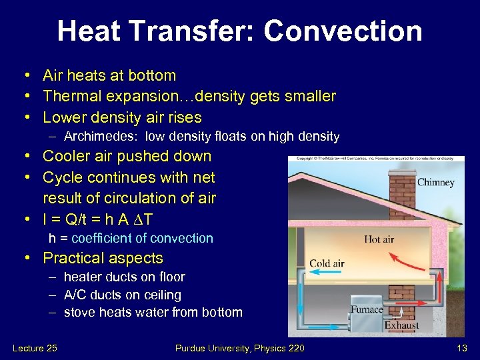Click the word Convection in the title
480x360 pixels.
click(x=343, y=31)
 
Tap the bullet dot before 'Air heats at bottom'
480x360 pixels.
click(x=24, y=76)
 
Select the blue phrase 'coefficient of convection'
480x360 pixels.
click(x=142, y=238)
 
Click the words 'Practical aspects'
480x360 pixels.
click(x=103, y=258)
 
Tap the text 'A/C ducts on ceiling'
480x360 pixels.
click(x=122, y=295)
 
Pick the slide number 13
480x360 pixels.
click(x=461, y=348)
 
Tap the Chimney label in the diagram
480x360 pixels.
click(x=435, y=183)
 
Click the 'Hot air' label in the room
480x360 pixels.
click(x=379, y=239)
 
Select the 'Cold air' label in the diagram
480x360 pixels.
click(x=327, y=263)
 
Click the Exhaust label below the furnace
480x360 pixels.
click(x=401, y=326)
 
